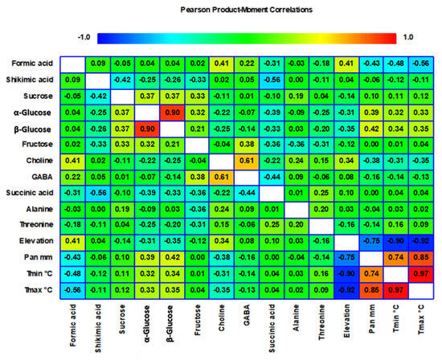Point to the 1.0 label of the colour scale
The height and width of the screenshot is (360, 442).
[x=408, y=36]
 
